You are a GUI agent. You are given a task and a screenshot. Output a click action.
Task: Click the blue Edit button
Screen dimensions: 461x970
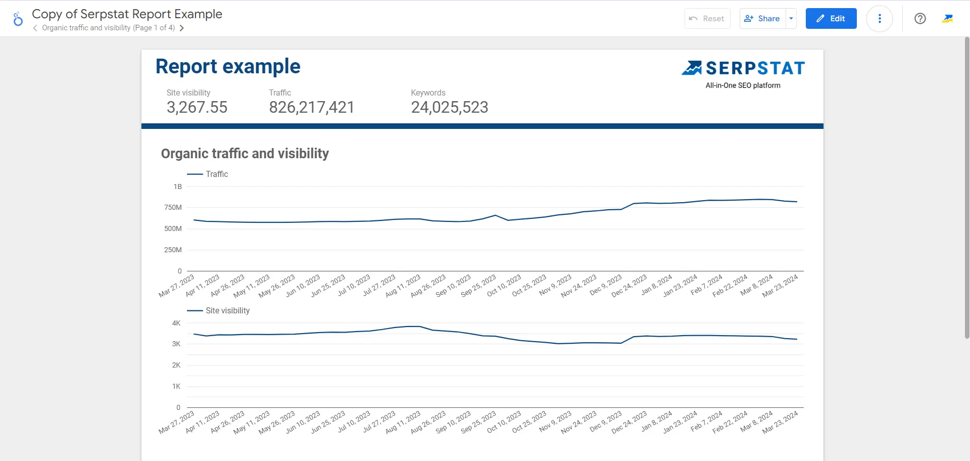click(831, 19)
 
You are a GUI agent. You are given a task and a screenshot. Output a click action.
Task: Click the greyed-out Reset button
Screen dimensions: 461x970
click(707, 19)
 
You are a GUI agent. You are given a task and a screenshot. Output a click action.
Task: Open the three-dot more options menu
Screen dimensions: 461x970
click(879, 19)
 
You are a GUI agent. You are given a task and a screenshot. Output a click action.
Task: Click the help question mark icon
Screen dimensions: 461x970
click(920, 19)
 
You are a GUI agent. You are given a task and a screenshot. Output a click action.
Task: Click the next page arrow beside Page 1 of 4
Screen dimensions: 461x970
click(181, 28)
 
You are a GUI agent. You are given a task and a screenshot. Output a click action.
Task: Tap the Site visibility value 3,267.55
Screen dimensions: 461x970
click(197, 107)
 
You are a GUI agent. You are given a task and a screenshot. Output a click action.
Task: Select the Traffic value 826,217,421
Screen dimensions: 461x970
click(311, 107)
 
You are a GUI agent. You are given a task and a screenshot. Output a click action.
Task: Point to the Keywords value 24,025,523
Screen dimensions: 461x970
click(449, 107)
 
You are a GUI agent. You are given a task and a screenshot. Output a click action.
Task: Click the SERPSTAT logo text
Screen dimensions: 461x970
click(755, 68)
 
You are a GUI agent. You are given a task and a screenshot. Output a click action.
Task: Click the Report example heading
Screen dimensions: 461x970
click(228, 67)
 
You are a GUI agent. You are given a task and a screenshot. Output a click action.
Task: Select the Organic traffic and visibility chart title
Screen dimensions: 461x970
click(245, 154)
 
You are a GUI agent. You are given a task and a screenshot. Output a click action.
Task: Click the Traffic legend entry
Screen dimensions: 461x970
click(216, 174)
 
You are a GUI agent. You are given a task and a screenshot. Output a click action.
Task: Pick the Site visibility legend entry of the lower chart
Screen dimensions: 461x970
click(227, 310)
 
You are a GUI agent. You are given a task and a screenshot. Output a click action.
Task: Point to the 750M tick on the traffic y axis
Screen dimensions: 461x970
click(173, 207)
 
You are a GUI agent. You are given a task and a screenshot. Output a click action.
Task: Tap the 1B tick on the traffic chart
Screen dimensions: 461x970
click(177, 187)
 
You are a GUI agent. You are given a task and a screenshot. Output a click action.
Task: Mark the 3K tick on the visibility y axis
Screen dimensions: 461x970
click(176, 344)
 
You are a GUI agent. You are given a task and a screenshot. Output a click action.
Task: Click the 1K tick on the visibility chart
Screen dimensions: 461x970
click(176, 386)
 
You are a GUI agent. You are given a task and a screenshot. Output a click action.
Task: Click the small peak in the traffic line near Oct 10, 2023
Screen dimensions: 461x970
click(495, 215)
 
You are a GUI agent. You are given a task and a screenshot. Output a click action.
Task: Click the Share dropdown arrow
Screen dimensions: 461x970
click(791, 19)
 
